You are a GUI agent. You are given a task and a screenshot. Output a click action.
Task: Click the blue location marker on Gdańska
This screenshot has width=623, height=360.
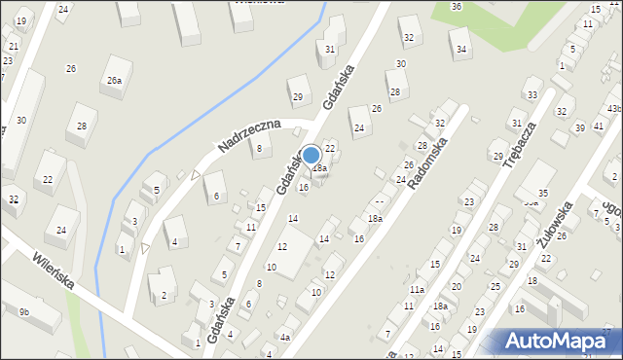point(311,155)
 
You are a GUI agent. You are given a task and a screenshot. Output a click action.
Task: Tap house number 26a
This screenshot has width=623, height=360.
point(115,81)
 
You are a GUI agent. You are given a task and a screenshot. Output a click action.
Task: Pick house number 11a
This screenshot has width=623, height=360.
point(417,290)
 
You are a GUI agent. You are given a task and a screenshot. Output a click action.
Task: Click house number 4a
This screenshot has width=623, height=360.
point(284,338)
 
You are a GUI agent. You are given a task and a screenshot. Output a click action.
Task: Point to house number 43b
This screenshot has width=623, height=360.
point(614,109)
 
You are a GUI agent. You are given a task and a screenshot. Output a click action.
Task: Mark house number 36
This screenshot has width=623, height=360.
point(457,7)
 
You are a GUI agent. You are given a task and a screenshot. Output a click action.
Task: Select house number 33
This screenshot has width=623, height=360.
point(531,94)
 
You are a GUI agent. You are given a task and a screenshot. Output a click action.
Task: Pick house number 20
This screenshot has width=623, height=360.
point(456,287)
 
